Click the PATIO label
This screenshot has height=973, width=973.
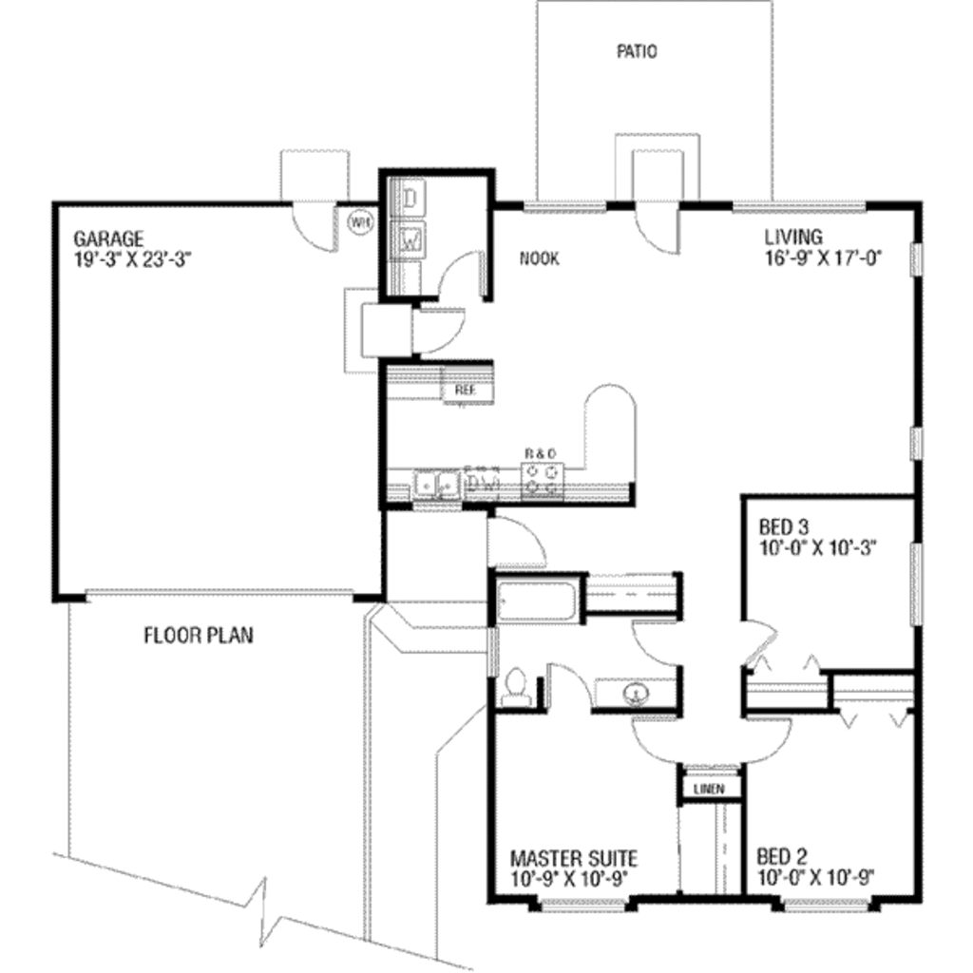click(636, 52)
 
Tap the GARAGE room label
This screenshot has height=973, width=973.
click(108, 238)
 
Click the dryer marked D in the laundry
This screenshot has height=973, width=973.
click(411, 199)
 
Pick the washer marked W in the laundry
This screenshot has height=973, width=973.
click(411, 239)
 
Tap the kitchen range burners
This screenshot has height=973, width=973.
click(544, 480)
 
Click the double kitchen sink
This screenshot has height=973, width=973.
click(435, 485)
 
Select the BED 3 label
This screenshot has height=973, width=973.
click(785, 527)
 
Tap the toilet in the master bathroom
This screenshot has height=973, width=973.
click(516, 687)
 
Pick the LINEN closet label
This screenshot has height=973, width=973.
click(709, 789)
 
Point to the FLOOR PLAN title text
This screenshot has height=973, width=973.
click(199, 635)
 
